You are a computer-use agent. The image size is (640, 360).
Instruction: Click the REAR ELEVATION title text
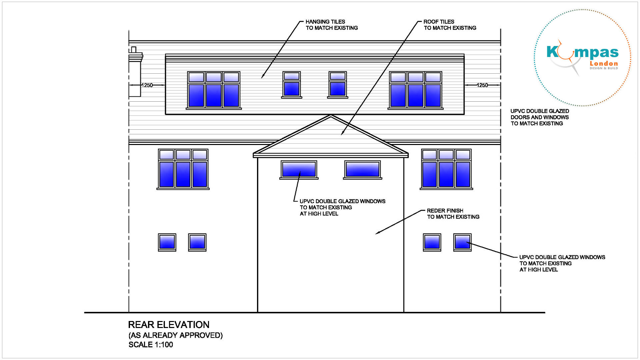(169, 325)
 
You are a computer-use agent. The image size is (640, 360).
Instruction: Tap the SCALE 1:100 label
(151, 345)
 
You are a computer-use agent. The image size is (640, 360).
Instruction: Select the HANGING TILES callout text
(331, 25)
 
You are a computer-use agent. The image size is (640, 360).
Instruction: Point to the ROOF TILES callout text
(450, 25)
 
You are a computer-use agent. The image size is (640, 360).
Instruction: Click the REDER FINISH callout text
(453, 214)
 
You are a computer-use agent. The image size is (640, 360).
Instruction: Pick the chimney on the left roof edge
(135, 72)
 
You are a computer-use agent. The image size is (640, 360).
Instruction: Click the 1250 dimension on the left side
(147, 85)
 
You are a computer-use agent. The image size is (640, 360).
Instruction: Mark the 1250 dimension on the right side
(482, 85)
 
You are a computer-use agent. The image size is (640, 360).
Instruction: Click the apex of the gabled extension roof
(331, 116)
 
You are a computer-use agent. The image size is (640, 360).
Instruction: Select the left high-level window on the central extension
(299, 169)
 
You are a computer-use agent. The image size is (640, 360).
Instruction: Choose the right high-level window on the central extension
(363, 169)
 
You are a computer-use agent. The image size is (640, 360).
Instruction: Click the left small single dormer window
(292, 85)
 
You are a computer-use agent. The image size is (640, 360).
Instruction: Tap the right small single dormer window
(338, 85)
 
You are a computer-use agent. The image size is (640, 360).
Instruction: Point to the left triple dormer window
(214, 90)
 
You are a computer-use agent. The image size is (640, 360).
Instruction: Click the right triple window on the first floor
(446, 169)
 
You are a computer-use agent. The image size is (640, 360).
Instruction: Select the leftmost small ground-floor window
(167, 242)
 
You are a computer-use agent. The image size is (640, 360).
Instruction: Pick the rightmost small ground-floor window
(462, 242)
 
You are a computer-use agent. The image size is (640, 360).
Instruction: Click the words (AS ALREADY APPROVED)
(176, 335)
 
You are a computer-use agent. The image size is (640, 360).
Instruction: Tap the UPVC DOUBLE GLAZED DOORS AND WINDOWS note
(540, 117)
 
